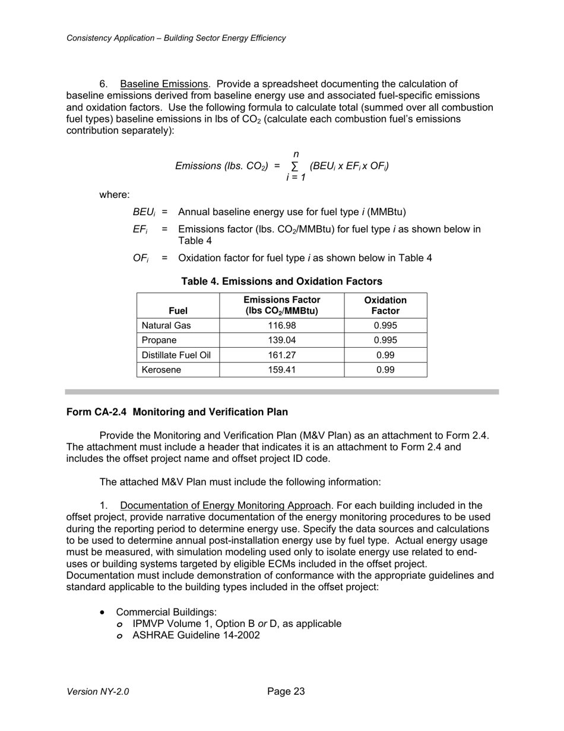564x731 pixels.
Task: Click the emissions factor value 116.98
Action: pyautogui.click(x=281, y=326)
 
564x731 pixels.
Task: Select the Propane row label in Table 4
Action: pyautogui.click(x=159, y=341)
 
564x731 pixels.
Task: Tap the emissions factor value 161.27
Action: pyautogui.click(x=281, y=355)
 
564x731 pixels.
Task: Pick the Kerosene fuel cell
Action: pyautogui.click(x=161, y=370)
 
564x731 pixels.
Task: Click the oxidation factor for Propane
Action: pyautogui.click(x=385, y=341)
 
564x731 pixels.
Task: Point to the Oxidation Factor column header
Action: pyautogui.click(x=385, y=305)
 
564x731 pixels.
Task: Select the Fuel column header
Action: pyautogui.click(x=178, y=311)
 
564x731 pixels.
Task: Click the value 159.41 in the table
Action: pyautogui.click(x=281, y=370)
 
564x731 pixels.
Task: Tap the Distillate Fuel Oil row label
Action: pyautogui.click(x=176, y=355)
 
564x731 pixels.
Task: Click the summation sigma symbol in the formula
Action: pyautogui.click(x=295, y=166)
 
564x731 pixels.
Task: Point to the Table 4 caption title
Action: pyautogui.click(x=281, y=281)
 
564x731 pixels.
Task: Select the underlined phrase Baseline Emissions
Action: pyautogui.click(x=164, y=84)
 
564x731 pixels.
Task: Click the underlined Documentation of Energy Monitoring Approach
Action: pyautogui.click(x=225, y=506)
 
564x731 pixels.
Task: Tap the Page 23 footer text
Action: pyautogui.click(x=286, y=691)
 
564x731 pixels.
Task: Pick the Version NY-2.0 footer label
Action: pyautogui.click(x=97, y=692)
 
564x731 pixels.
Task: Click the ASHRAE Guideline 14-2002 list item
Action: pyautogui.click(x=196, y=635)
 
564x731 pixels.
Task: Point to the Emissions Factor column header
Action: pyautogui.click(x=281, y=305)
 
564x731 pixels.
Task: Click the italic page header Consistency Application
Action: pyautogui.click(x=176, y=38)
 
